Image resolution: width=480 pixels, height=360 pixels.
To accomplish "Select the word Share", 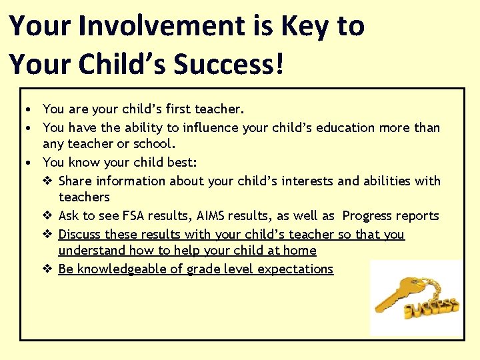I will click(75, 181).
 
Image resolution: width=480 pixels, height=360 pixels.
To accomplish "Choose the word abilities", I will click(387, 181).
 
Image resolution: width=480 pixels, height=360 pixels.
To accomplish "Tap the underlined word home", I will click(301, 251).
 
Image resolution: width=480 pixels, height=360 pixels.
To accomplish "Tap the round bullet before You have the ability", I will click(30, 127).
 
